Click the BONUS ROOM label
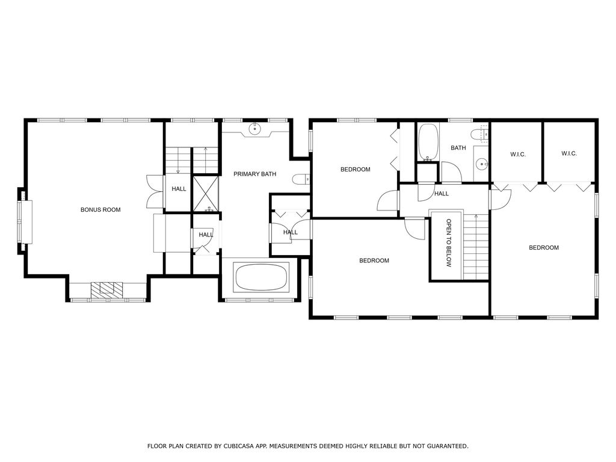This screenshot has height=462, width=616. pos(100,210)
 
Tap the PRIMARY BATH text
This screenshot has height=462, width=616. pos(254,174)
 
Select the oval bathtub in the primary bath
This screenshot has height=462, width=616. pos(262,277)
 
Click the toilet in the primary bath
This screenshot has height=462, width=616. pos(301,179)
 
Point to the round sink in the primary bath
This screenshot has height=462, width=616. pos(256,128)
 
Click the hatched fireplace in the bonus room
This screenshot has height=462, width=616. pos(106,289)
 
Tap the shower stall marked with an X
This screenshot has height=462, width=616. pos(206,194)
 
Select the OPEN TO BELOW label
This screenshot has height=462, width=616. pos(449,243)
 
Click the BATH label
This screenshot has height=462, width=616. pos(458,148)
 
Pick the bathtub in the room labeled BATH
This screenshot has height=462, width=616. pos(428,142)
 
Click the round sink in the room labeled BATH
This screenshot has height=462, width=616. pos(481,164)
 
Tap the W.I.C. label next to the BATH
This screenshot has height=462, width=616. pos(518,155)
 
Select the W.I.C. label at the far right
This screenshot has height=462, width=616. pos(569,153)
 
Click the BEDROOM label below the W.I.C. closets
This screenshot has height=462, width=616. pos(544,247)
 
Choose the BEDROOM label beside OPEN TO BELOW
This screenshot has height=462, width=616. pos(374,260)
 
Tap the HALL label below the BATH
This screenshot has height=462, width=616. pos(442,194)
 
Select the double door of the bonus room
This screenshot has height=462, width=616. pos(155,191)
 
